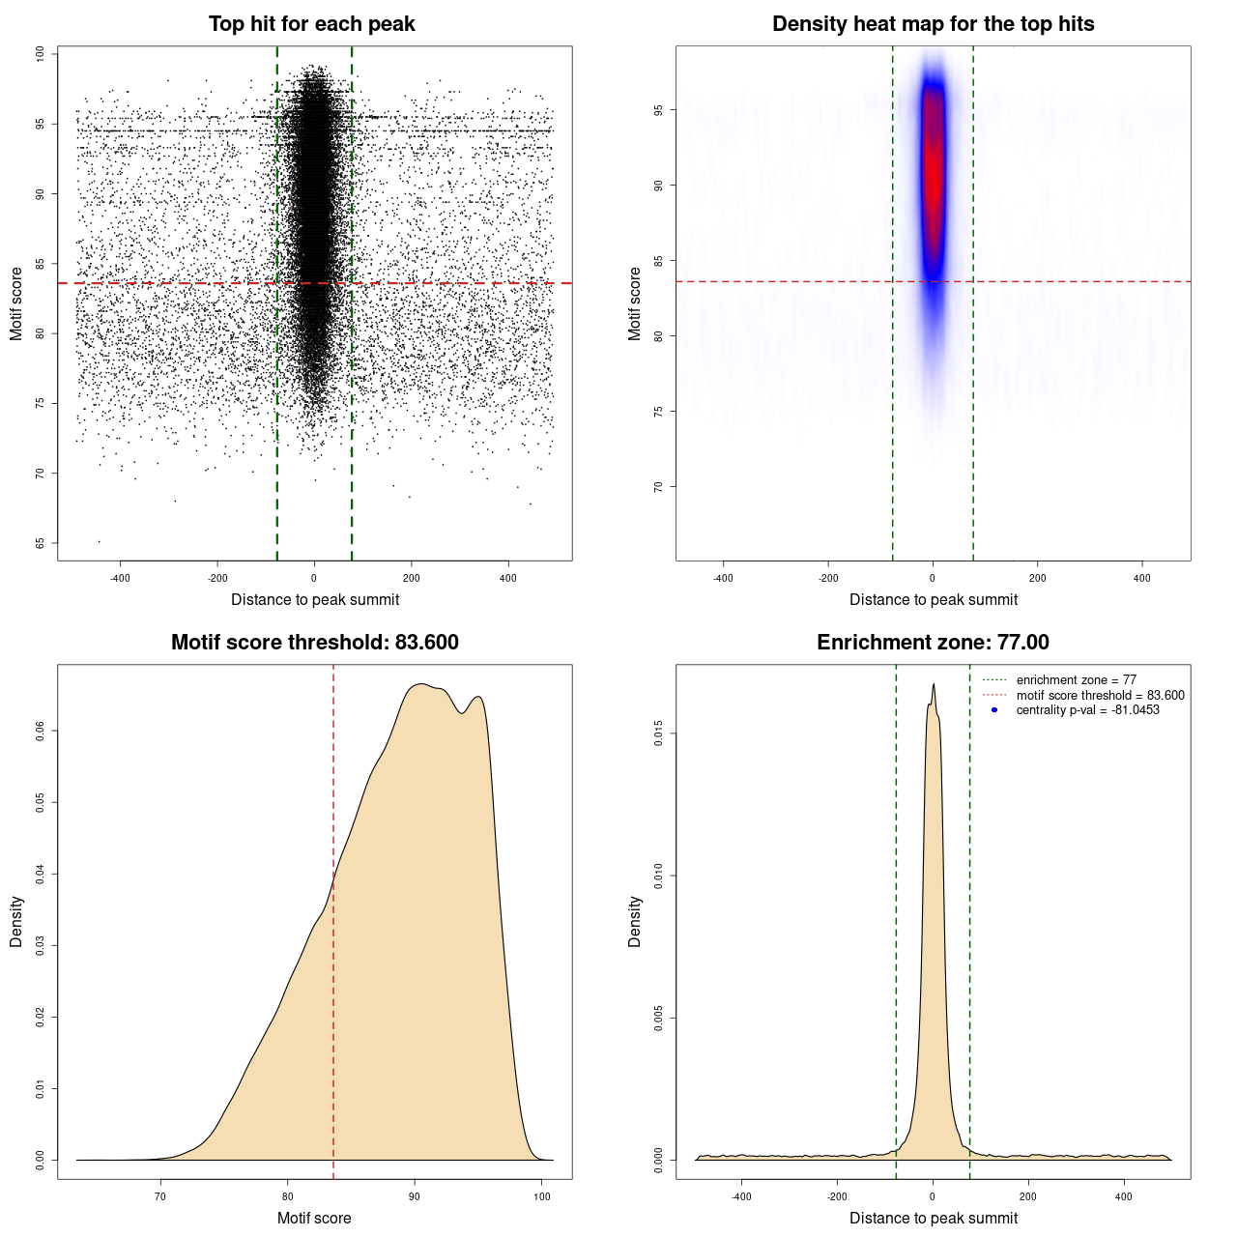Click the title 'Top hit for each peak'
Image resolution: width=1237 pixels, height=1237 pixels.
click(312, 24)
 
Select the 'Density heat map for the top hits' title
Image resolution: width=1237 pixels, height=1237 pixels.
click(933, 24)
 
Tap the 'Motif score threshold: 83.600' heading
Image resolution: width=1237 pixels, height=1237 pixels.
click(314, 643)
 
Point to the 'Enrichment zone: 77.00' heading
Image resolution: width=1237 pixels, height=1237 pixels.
click(933, 643)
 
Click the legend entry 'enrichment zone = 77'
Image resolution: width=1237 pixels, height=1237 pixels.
click(1076, 680)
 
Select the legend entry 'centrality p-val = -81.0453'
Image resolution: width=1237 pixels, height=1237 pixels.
click(1087, 710)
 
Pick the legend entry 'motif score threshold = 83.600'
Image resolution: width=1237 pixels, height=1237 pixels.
click(1100, 696)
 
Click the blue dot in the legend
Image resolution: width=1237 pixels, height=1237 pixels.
click(994, 710)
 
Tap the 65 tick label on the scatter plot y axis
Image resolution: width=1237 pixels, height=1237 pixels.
click(40, 543)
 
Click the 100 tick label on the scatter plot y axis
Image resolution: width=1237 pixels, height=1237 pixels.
click(40, 54)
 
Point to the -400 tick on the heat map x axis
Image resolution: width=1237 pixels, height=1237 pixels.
click(723, 578)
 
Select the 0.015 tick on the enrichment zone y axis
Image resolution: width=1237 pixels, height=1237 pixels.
click(658, 734)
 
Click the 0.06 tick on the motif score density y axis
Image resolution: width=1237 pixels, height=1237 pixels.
click(40, 732)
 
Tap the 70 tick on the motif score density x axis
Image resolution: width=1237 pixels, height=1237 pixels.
click(160, 1196)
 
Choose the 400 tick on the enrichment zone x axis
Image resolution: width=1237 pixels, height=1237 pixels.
click(1123, 1196)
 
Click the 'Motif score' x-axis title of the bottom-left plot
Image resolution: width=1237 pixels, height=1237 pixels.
click(314, 1218)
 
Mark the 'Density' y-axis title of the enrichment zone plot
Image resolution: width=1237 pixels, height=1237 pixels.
click(635, 921)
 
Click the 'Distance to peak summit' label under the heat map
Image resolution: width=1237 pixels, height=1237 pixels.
click(934, 599)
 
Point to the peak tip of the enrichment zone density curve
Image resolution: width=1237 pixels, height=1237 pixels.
click(934, 684)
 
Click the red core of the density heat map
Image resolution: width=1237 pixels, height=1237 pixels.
click(933, 174)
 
